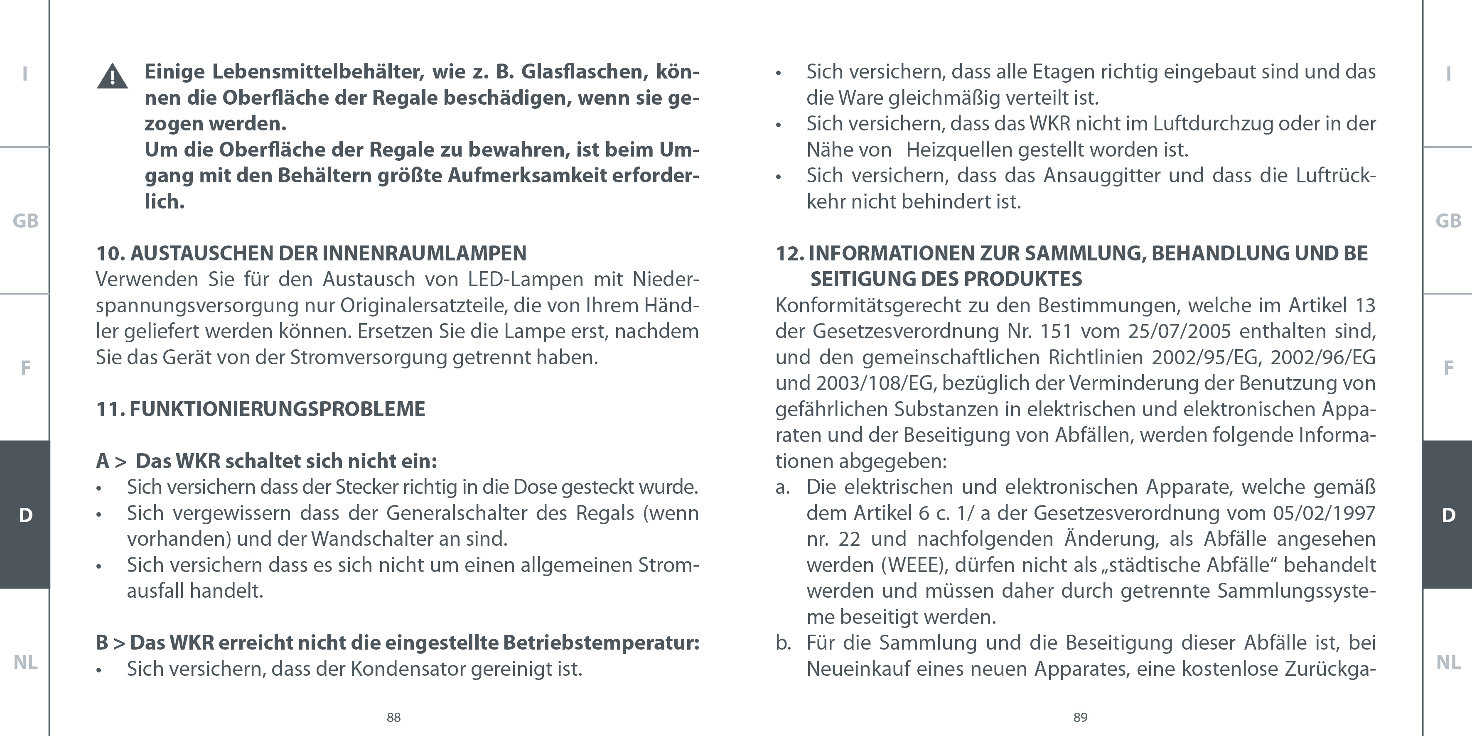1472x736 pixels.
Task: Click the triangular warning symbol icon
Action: click(x=112, y=76)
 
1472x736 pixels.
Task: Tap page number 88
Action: click(x=393, y=718)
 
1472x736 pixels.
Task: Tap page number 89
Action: click(x=1080, y=718)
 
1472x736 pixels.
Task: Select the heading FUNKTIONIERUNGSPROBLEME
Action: click(x=277, y=409)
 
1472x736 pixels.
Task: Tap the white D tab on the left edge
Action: click(x=25, y=515)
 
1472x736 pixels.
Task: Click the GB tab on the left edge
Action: click(x=25, y=221)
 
